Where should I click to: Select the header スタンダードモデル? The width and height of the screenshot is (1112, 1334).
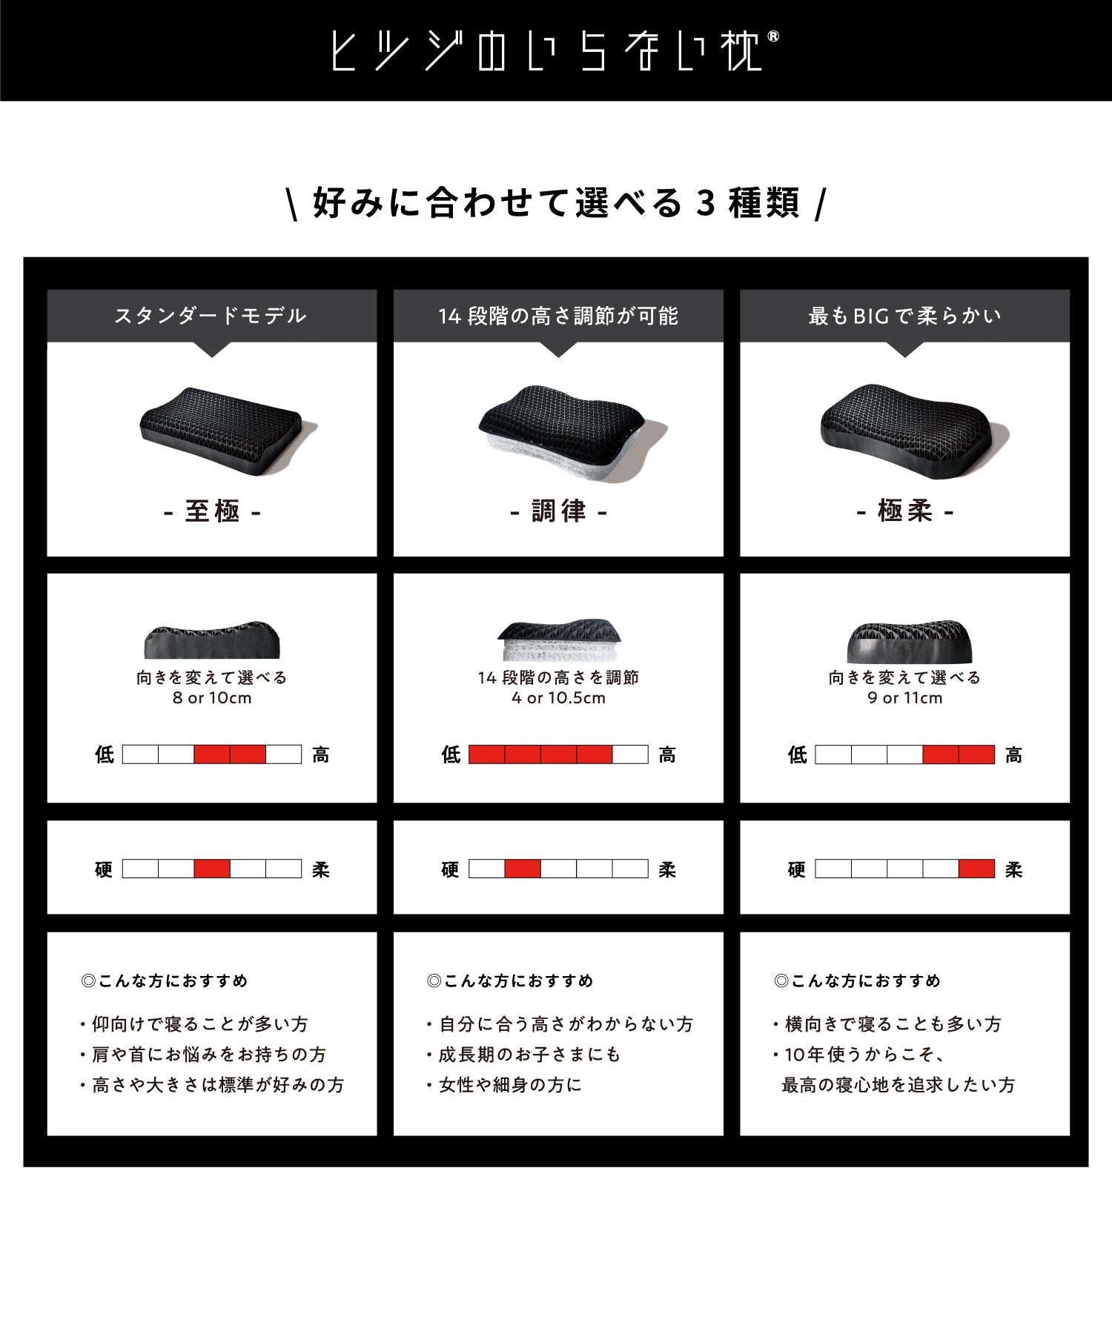pos(211,316)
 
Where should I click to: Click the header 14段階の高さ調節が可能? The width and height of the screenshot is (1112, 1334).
pos(557,316)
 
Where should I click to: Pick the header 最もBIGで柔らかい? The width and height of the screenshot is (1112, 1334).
pos(904,316)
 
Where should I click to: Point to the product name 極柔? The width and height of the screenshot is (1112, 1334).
pos(904,511)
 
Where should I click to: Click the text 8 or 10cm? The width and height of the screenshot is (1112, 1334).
pos(212,698)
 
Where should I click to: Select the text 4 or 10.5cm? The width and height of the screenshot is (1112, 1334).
pos(558,698)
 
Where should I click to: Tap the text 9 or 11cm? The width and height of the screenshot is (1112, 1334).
pos(904,698)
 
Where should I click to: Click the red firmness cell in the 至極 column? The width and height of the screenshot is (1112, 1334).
pos(212,869)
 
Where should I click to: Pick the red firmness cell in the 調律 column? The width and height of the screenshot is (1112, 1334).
pos(522,869)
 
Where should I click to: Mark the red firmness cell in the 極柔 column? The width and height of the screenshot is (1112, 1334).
pos(976,869)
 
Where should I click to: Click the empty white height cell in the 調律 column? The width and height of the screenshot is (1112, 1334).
pos(630,754)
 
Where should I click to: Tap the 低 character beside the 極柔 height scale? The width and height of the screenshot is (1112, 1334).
pos(798,754)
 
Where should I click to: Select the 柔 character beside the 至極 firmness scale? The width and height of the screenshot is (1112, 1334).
pos(320,869)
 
